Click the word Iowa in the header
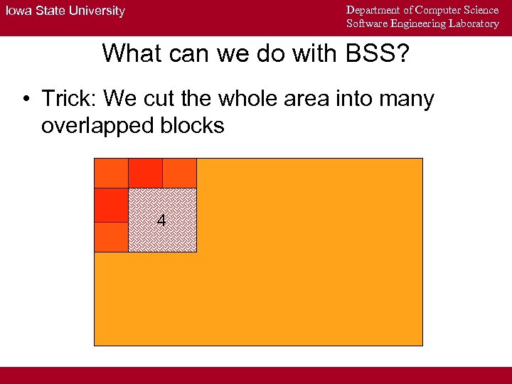point(18,11)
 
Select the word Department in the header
point(374,10)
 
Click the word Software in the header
point(366,23)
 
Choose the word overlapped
point(97,126)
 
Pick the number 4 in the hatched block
point(161,221)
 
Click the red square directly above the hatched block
point(145,173)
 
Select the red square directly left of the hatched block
point(111,205)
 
